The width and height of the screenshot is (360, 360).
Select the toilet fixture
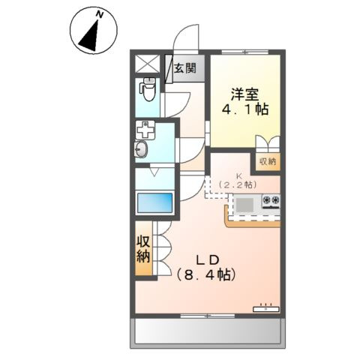pyautogui.click(x=147, y=91)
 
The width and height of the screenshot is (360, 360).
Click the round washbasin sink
pyautogui.click(x=143, y=148)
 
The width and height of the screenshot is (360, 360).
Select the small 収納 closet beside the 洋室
pyautogui.click(x=267, y=160)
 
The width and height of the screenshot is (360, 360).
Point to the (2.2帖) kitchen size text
pyautogui.click(x=241, y=184)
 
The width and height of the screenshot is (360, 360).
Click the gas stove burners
pyautogui.click(x=270, y=201)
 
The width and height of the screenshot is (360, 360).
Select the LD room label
pyautogui.click(x=207, y=259)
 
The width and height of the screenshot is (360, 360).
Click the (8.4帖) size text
pyautogui.click(x=207, y=275)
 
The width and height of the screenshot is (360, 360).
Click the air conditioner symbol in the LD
pyautogui.click(x=265, y=307)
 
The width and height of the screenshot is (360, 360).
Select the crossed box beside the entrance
pyautogui.click(x=147, y=65)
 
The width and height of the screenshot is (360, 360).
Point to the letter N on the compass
pyautogui.click(x=98, y=14)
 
